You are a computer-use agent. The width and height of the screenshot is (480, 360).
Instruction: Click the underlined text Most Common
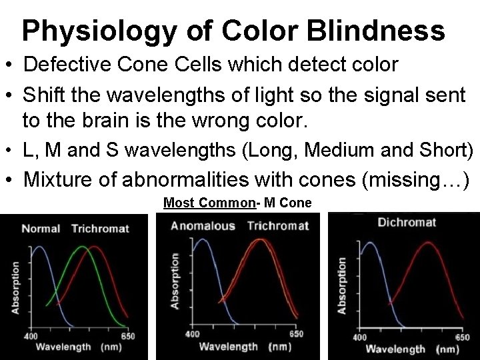pyautogui.click(x=208, y=202)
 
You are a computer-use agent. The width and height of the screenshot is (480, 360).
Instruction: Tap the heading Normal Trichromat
pyautogui.click(x=75, y=229)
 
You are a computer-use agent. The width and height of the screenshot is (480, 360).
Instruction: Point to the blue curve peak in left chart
pyautogui.click(x=39, y=247)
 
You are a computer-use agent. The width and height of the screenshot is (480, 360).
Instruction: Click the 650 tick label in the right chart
pyautogui.click(x=462, y=337)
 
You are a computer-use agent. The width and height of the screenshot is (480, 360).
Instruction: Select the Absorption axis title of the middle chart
pyautogui.click(x=175, y=280)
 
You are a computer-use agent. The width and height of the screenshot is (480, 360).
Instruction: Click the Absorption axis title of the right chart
pyautogui.click(x=342, y=285)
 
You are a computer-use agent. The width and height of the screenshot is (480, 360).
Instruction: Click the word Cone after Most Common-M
pyautogui.click(x=297, y=202)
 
